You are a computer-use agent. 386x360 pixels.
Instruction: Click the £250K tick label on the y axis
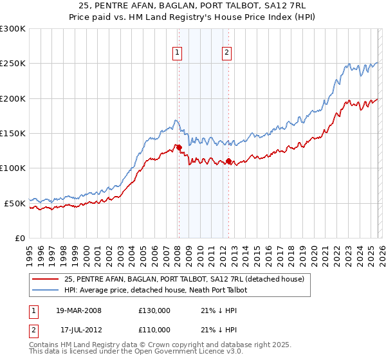coord(13,64)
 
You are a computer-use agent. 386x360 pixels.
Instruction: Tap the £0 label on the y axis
coord(20,238)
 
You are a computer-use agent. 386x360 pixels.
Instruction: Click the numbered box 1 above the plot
coord(176,53)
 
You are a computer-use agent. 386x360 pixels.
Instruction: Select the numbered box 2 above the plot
coord(227,53)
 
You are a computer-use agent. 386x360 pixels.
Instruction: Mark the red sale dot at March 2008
coord(179,147)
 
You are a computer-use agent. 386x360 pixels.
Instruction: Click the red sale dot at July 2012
coord(228,161)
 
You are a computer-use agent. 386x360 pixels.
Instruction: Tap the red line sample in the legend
coord(46,279)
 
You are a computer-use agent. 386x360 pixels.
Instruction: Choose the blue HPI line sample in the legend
coord(46,290)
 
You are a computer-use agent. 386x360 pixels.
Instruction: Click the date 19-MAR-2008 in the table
coord(79,310)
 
